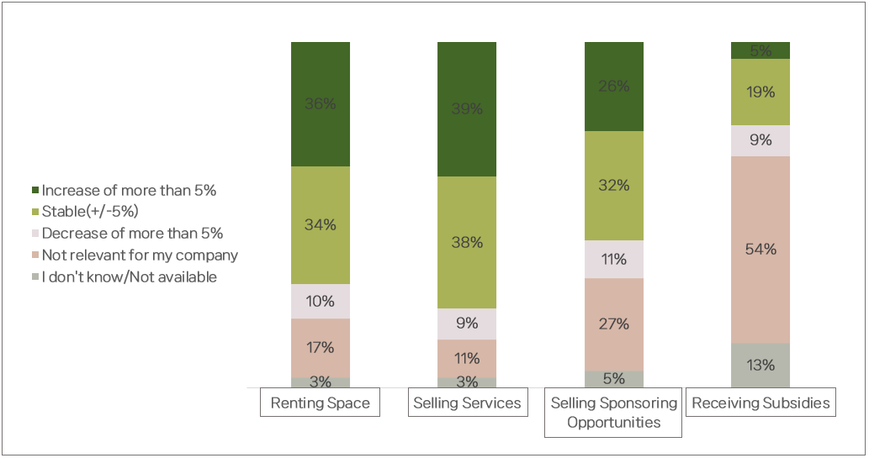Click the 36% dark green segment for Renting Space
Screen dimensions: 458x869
[x=321, y=104]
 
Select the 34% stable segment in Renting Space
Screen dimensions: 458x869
[x=321, y=224]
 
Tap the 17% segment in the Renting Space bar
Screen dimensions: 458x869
[x=321, y=347]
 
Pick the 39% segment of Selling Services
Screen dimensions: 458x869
[x=467, y=109]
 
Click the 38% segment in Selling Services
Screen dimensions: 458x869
[x=467, y=242]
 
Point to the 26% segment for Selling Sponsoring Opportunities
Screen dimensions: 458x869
[x=613, y=87]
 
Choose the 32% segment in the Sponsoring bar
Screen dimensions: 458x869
[x=613, y=186]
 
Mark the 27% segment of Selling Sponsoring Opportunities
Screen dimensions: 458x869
[x=613, y=324]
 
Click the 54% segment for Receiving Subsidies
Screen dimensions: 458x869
[x=760, y=250]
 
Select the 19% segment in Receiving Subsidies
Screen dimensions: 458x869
[x=760, y=92]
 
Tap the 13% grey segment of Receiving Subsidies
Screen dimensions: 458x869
[x=760, y=365]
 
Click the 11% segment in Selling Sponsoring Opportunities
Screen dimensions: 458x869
[x=613, y=259]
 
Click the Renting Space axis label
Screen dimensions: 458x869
[x=321, y=403]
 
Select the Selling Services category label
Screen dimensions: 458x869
[x=467, y=403]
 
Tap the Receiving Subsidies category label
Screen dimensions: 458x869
[x=760, y=403]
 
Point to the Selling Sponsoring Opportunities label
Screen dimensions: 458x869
[x=613, y=413]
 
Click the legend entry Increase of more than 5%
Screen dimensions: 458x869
[x=129, y=191]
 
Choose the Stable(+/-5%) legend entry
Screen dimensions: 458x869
[x=90, y=212]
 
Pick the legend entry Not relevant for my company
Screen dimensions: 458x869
[x=140, y=255]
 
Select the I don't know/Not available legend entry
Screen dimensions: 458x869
[x=129, y=277]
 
